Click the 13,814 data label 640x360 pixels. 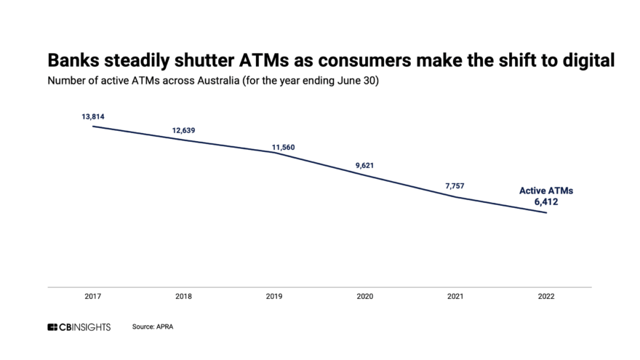pos(93,116)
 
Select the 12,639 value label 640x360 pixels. pos(184,130)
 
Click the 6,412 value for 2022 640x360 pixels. pos(546,201)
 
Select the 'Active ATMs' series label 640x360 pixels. pos(546,191)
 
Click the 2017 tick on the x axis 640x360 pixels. pos(93,297)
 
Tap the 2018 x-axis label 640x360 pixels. pos(184,297)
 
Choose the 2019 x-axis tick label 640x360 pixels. pos(275,297)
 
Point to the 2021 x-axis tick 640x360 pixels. pos(456,297)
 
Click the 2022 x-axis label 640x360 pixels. pos(547,297)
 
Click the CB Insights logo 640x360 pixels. pos(79,327)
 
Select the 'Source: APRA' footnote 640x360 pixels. pos(153,327)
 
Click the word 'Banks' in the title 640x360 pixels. pos(72,61)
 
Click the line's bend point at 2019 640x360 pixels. pos(275,153)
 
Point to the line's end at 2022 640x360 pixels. pos(547,212)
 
